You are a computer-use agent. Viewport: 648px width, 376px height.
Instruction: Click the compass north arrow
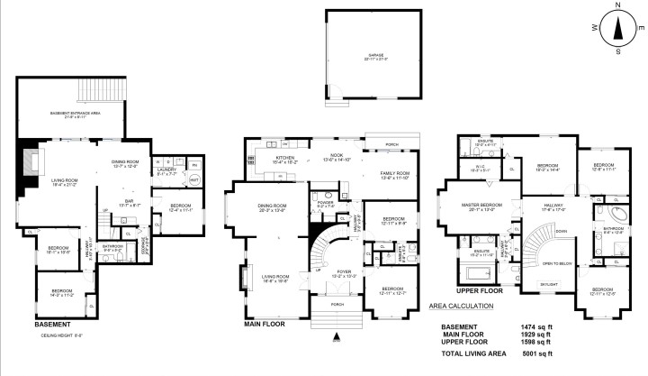pos(617,27)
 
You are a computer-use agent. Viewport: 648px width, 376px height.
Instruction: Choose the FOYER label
pos(346,271)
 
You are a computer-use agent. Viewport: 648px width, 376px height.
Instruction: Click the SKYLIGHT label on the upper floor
pos(547,284)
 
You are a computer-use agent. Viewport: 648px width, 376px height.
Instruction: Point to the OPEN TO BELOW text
pos(558,263)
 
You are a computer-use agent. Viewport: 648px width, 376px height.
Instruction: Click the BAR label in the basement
pos(129,202)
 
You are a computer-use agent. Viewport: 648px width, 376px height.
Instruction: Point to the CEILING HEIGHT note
pos(56,335)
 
